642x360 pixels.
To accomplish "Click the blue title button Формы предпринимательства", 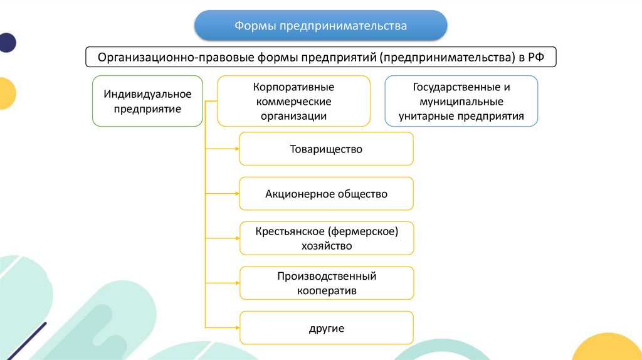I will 320,26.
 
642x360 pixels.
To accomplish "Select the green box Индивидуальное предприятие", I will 147,100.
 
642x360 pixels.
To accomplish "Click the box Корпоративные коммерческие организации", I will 293,100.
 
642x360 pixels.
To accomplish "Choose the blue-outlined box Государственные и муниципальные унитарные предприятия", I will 461,101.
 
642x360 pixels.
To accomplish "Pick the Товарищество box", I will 326,149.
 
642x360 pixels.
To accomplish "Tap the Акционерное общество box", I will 326,193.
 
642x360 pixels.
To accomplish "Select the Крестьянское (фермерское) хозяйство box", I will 326,238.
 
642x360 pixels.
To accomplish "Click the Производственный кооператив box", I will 326,283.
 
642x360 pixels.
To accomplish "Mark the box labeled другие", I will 326,328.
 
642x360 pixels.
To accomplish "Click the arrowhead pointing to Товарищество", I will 236,149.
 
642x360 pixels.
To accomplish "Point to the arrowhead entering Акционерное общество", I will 236,193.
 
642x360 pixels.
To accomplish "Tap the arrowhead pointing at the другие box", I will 236,328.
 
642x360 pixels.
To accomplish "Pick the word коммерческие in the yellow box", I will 293,101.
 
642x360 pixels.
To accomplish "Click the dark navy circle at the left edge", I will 6,42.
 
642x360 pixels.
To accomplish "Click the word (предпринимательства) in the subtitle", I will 446,57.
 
